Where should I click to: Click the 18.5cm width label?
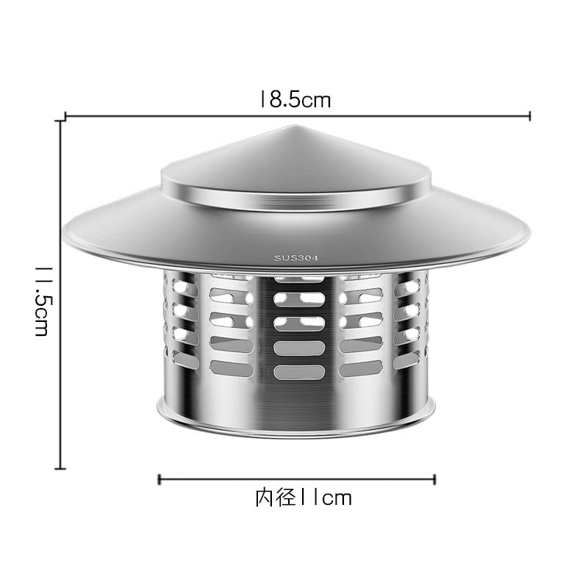click(x=294, y=100)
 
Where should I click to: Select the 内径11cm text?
click(x=303, y=498)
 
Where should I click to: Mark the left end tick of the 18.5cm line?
click(x=66, y=115)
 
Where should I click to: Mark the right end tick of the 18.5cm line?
click(x=530, y=115)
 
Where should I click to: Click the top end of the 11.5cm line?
click(x=60, y=122)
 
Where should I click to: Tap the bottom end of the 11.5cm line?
click(x=60, y=467)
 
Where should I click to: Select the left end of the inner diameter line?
click(x=159, y=479)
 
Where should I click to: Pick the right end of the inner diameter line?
click(x=435, y=479)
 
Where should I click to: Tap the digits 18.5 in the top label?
click(x=279, y=100)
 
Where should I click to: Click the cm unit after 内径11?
click(x=337, y=498)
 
